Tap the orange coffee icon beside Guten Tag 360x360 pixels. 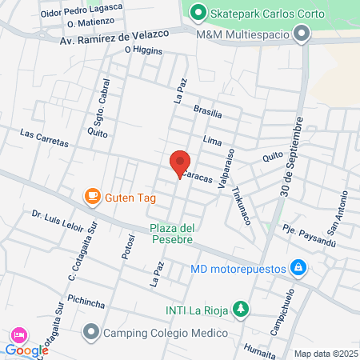tap(93, 195)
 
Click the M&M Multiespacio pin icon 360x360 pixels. tap(302, 34)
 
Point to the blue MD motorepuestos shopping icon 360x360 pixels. tap(298, 266)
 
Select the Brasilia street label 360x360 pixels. tap(207, 114)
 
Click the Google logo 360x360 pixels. tap(26, 350)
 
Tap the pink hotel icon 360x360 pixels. tap(18, 334)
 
